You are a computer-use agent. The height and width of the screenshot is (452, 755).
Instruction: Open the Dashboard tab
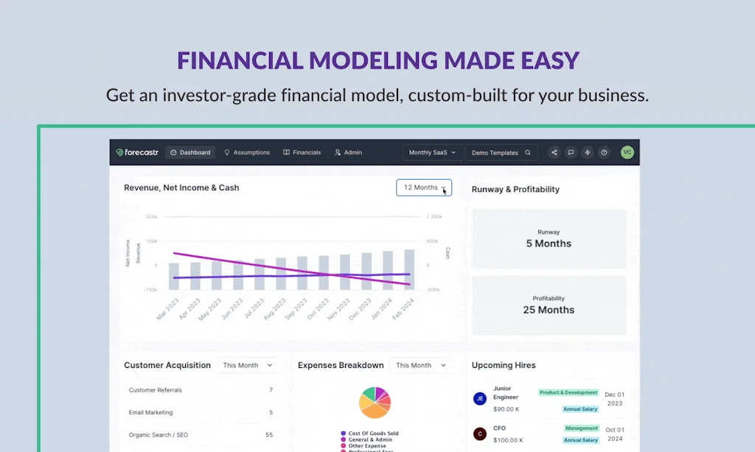coord(190,153)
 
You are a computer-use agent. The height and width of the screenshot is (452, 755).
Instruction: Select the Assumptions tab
coord(247,153)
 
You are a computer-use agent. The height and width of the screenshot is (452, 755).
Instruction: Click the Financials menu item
coord(302,153)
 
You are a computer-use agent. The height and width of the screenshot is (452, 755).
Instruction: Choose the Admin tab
coord(348,153)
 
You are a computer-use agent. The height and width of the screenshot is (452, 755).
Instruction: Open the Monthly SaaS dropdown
coord(432,153)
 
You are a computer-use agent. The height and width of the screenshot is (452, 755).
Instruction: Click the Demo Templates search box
coord(501,153)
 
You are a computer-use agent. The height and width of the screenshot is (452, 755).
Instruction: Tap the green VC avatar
coord(627,153)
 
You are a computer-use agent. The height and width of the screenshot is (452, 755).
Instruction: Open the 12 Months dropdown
coord(424,188)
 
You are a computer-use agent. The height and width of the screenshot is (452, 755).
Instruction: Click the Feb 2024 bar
coord(409,269)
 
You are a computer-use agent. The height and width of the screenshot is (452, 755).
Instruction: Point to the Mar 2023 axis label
coord(167,309)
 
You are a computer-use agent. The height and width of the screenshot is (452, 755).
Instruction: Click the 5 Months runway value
coord(549,244)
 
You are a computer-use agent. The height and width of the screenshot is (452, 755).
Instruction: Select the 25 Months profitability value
coord(549,310)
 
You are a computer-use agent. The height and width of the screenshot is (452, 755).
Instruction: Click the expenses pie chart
coord(375,403)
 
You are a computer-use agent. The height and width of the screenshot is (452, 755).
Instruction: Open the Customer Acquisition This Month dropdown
coord(248,366)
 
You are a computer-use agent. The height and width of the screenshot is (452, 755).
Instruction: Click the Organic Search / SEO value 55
coord(269,435)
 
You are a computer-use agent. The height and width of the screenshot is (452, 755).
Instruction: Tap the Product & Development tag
coord(568,393)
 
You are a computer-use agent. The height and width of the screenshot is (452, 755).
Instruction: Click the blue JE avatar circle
coord(479,398)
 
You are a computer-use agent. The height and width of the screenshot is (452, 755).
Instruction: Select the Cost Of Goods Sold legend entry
coord(373,434)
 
